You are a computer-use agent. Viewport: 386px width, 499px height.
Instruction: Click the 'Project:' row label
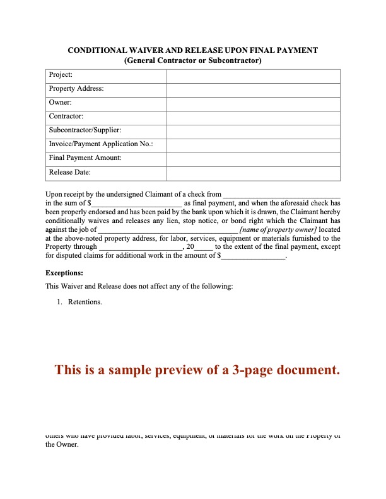61,75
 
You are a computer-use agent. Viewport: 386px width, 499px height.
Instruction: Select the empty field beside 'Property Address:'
253,89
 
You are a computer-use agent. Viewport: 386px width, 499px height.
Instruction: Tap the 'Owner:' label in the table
60,103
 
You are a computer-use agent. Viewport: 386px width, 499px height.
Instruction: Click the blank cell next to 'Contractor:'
253,117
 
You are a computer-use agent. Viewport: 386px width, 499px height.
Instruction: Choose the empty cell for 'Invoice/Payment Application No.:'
253,144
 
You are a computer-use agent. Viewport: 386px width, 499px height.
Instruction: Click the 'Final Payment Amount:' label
85,158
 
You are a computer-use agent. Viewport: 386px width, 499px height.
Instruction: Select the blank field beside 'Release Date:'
253,172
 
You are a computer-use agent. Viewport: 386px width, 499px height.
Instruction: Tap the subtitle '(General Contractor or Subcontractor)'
193,60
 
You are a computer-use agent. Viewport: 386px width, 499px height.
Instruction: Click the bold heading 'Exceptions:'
64,273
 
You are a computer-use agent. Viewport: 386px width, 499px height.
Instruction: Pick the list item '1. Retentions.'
80,302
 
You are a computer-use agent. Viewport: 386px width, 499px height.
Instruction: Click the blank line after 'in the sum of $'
137,204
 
